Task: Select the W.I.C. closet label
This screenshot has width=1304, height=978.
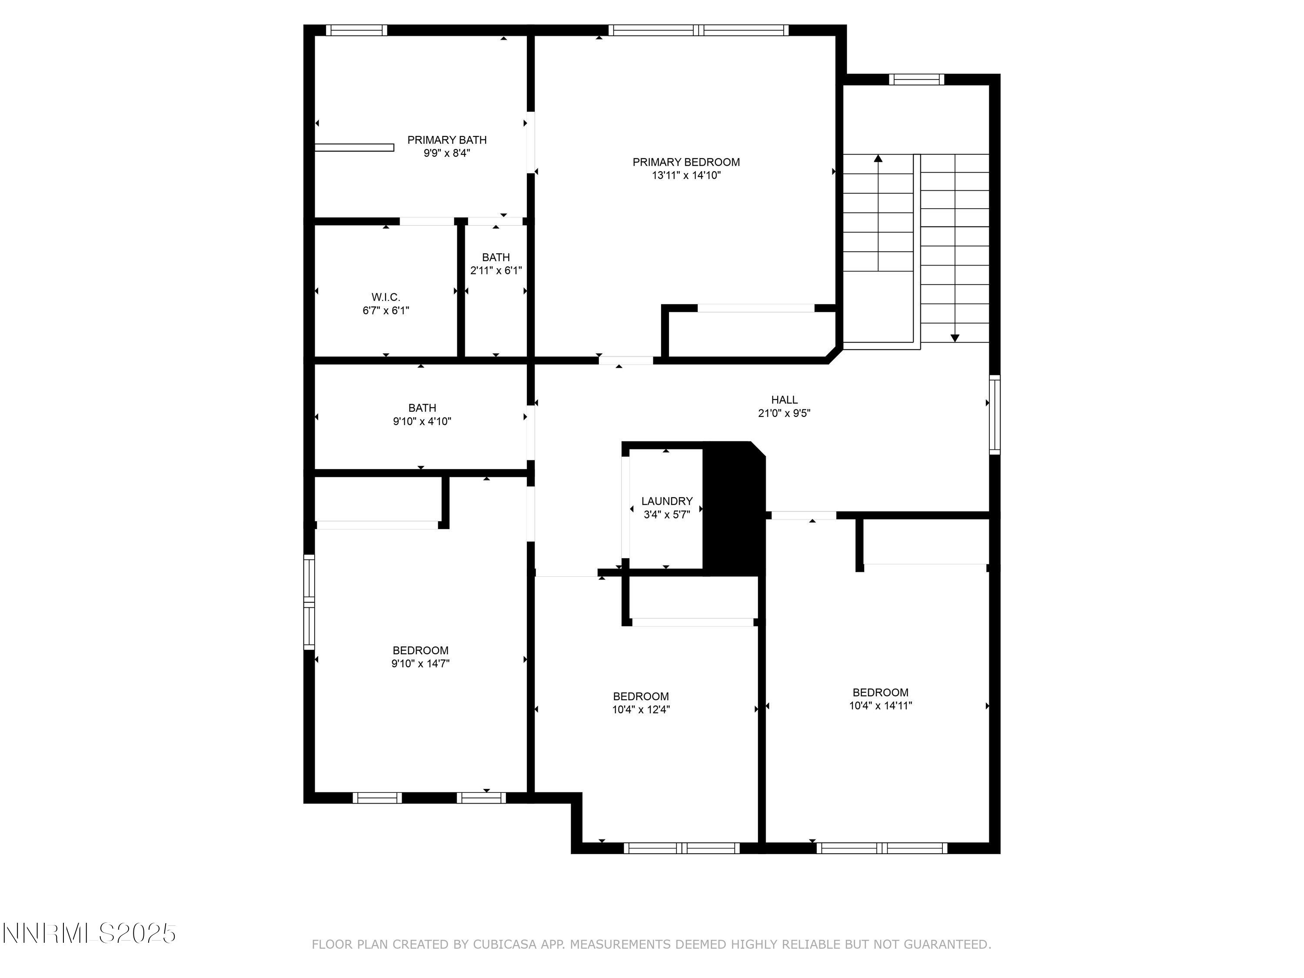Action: click(x=386, y=297)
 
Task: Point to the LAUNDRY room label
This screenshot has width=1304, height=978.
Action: click(x=667, y=501)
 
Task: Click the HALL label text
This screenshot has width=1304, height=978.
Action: click(x=784, y=400)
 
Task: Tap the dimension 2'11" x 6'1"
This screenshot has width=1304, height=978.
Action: click(x=496, y=271)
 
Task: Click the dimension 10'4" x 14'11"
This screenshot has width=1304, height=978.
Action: click(x=880, y=705)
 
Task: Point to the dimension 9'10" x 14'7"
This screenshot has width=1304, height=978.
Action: click(x=420, y=664)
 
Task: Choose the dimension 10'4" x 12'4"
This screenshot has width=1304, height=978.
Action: click(x=641, y=710)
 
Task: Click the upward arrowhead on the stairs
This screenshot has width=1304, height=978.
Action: click(x=878, y=158)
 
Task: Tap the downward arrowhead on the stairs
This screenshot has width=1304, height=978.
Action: click(x=955, y=338)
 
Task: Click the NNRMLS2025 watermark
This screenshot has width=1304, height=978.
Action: click(x=90, y=933)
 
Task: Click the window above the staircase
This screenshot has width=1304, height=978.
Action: click(x=916, y=80)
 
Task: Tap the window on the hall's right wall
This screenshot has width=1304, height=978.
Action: click(x=995, y=414)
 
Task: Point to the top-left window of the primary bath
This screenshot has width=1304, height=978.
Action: click(x=357, y=30)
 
